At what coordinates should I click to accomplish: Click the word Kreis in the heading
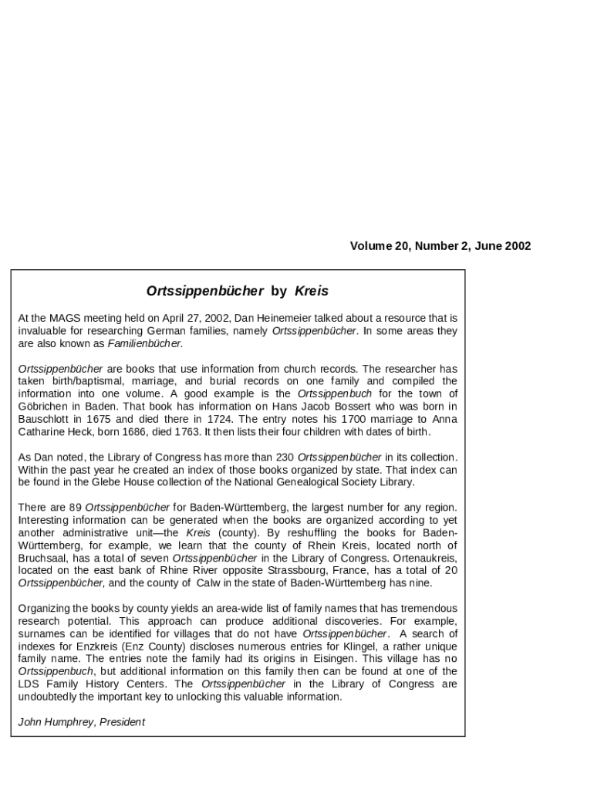pos(312,291)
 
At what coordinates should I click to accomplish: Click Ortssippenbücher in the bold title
pos(205,291)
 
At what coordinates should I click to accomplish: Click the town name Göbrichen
pos(43,407)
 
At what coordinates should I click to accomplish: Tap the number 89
pos(75,508)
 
